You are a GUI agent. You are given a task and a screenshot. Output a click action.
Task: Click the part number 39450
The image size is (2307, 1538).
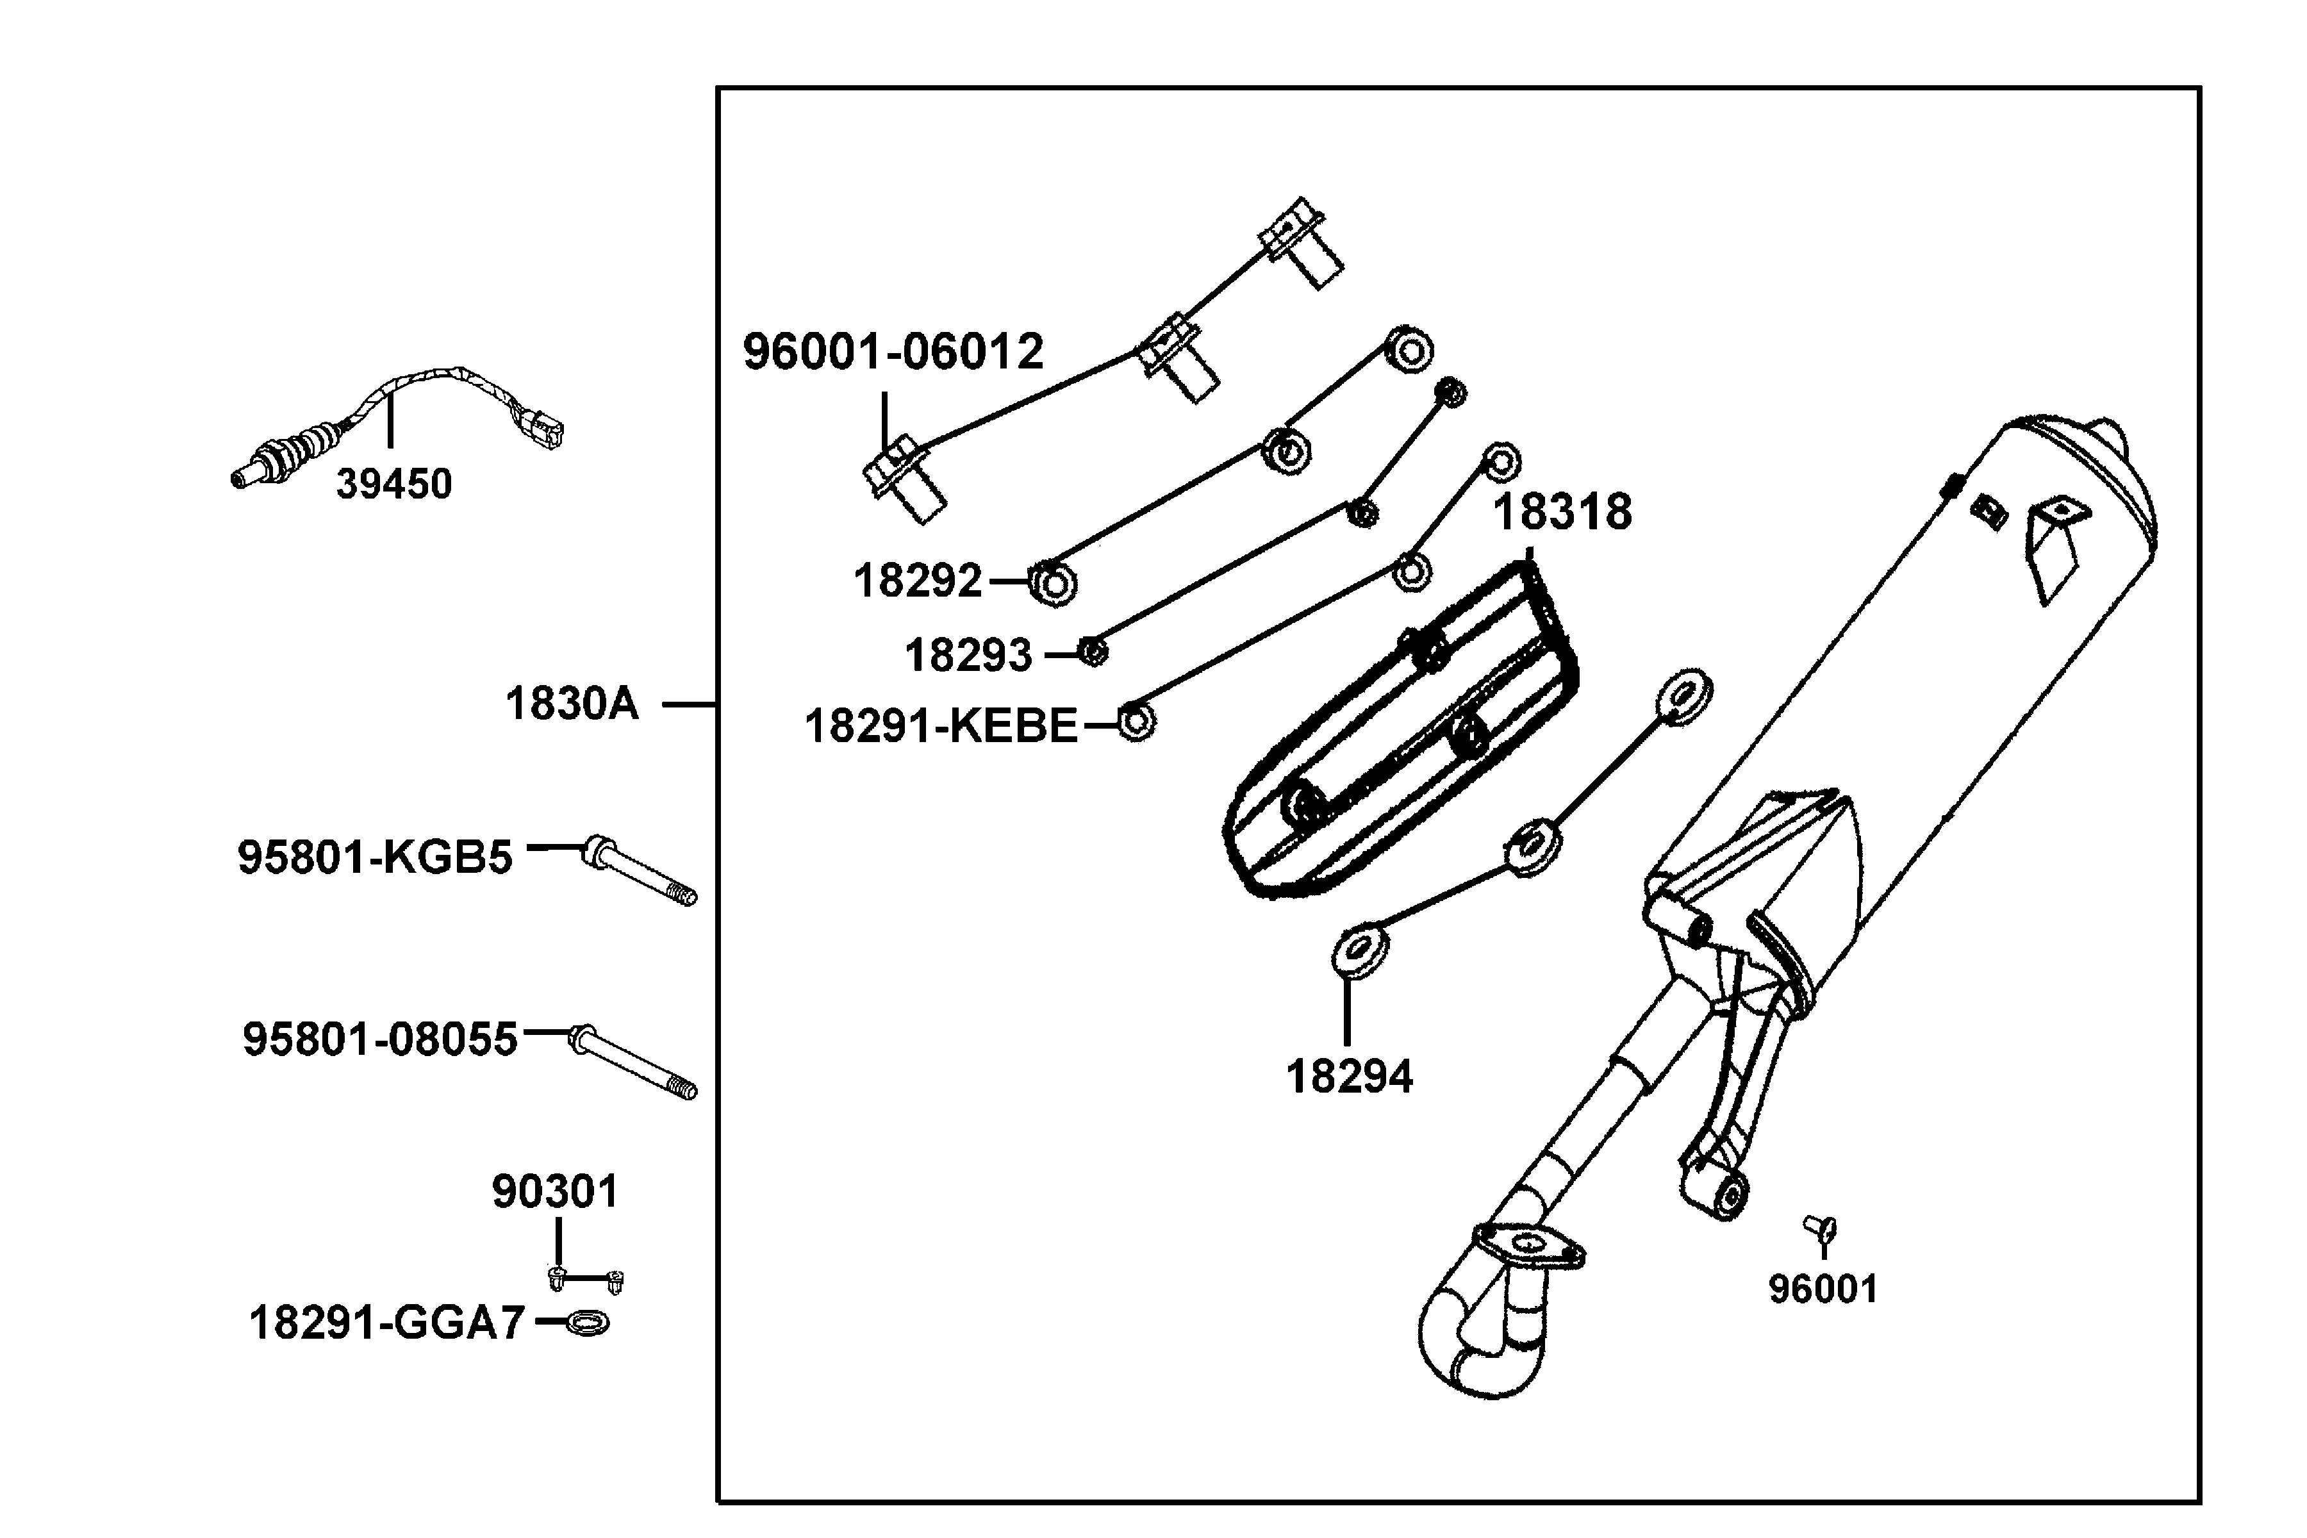pyautogui.click(x=393, y=484)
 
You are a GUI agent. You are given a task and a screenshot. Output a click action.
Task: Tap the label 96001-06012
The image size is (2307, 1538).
pyautogui.click(x=893, y=351)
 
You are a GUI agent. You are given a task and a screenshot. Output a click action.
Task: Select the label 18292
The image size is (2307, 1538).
pyautogui.click(x=917, y=581)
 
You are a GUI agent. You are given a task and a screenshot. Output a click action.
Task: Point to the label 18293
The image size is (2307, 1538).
pyautogui.click(x=968, y=655)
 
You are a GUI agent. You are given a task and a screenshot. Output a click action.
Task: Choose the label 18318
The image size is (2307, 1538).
pyautogui.click(x=1562, y=512)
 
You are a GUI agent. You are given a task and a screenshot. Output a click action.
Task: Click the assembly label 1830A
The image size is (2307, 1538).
pyautogui.click(x=572, y=704)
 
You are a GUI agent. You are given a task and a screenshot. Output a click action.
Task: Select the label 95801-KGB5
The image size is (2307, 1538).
pyautogui.click(x=375, y=857)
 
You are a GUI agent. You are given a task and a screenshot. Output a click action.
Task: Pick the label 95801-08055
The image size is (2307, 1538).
pyautogui.click(x=379, y=1039)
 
